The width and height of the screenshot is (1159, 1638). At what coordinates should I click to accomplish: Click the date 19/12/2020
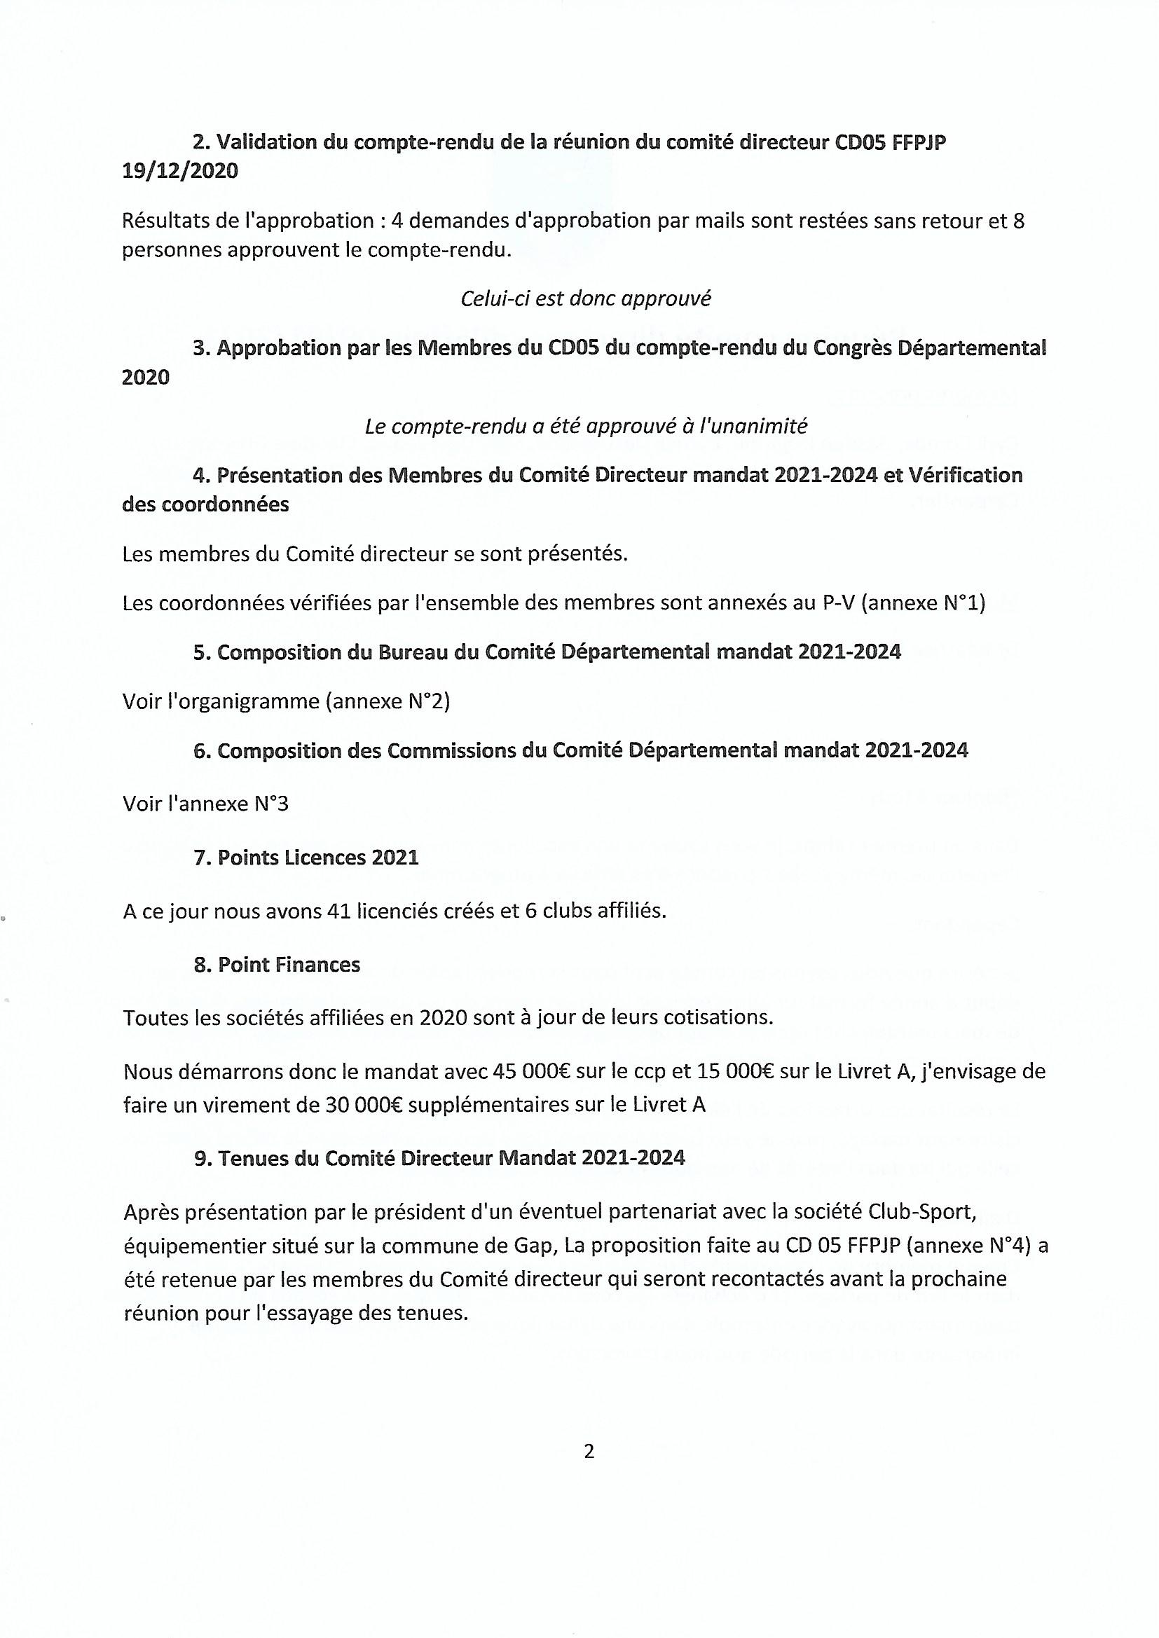pos(180,172)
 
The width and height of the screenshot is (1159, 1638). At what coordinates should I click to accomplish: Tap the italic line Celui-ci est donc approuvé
pos(586,298)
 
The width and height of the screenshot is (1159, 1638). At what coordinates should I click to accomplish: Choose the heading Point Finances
pos(289,965)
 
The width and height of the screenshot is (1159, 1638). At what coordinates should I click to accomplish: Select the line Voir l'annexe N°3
pos(205,804)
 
